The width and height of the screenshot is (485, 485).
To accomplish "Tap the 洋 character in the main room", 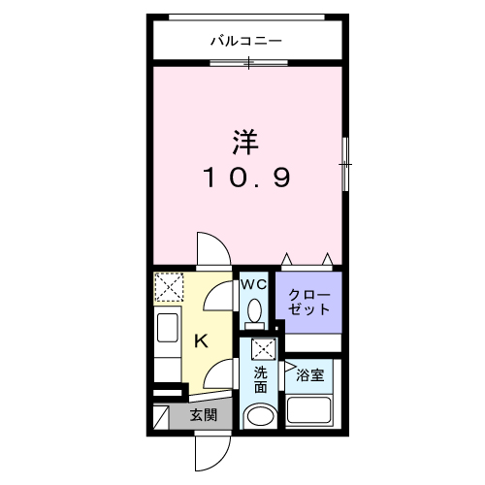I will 245,142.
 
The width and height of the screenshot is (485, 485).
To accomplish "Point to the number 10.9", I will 245,178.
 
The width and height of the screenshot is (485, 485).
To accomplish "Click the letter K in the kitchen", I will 201,340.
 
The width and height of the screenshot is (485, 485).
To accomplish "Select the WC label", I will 253,284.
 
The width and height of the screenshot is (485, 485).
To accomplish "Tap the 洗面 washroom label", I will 260,379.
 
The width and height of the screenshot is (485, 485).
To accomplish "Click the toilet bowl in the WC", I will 254,311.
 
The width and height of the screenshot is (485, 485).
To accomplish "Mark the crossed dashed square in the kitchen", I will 171,288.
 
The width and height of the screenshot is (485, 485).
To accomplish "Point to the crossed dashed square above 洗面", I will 261,350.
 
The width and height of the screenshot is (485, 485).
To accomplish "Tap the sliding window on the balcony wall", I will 248,63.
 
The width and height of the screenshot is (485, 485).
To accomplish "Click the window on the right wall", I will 344,164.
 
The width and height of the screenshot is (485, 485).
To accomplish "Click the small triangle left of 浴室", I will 290,367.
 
